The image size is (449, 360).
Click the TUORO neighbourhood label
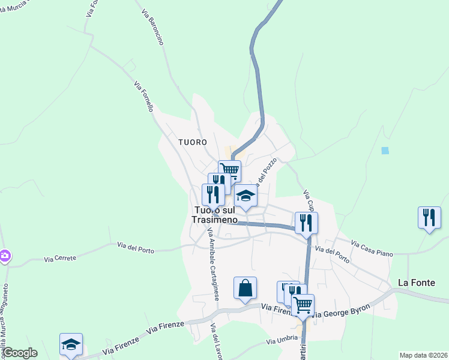pos(192,142)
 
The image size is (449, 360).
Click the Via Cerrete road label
pos(60,259)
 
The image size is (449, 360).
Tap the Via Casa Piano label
pos(372,249)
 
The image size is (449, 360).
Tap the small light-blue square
pos(385,151)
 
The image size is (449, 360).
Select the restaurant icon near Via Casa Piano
pos(429,217)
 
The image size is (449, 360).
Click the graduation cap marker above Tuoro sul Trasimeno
pos(245,196)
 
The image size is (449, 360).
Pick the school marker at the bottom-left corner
pos(71,344)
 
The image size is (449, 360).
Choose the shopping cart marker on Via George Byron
pos(303,304)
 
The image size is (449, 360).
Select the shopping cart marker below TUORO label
pos(229,170)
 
